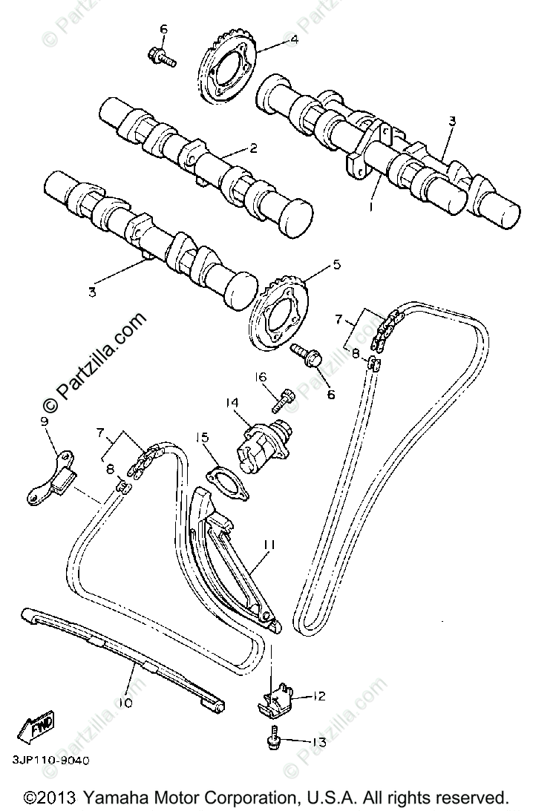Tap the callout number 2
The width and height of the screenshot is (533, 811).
pos(252,148)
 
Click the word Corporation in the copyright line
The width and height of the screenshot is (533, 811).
pos(241,797)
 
